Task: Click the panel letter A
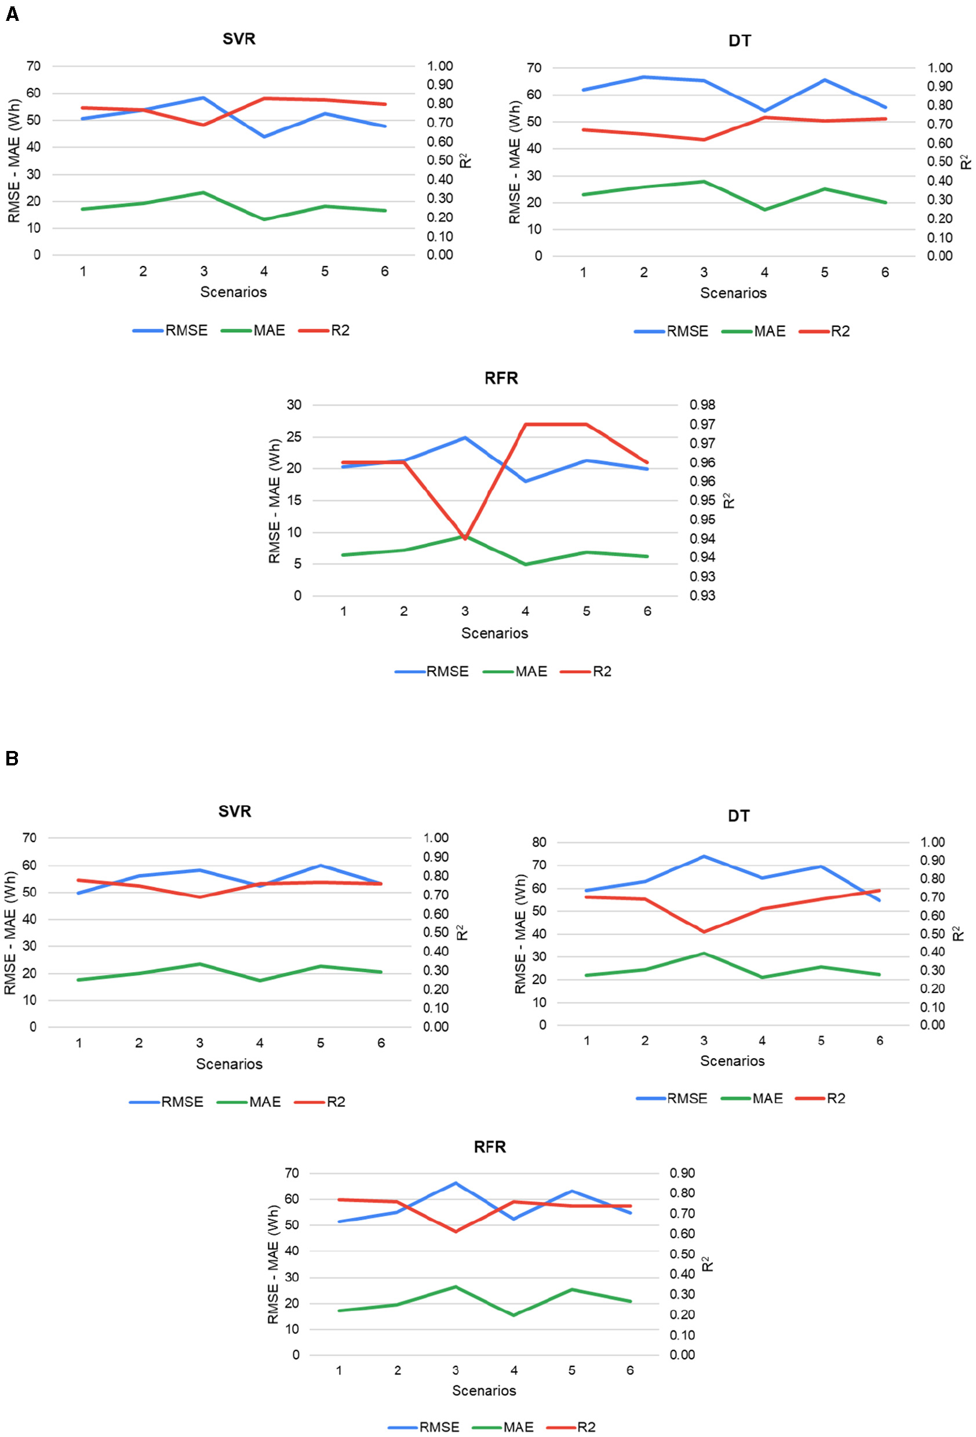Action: [x=12, y=13]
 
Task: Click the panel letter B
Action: [x=12, y=758]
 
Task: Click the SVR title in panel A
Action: [x=239, y=39]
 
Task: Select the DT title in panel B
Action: [x=738, y=816]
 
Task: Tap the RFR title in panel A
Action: [x=501, y=378]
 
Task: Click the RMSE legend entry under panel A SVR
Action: [x=185, y=331]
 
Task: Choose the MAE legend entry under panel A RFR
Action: [x=531, y=672]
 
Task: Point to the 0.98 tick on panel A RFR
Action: [x=702, y=405]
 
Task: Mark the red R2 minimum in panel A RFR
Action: [x=465, y=538]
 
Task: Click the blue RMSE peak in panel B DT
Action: [x=704, y=856]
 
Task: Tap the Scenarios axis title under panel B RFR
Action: [x=484, y=1391]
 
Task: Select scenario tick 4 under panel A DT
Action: [x=764, y=273]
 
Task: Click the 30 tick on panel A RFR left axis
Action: [x=294, y=405]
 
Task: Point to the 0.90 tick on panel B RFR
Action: [x=682, y=1173]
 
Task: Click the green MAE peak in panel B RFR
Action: [x=456, y=1286]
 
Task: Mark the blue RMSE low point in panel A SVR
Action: [x=264, y=137]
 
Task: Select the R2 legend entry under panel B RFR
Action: [x=586, y=1427]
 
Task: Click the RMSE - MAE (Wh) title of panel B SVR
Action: [x=11, y=932]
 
